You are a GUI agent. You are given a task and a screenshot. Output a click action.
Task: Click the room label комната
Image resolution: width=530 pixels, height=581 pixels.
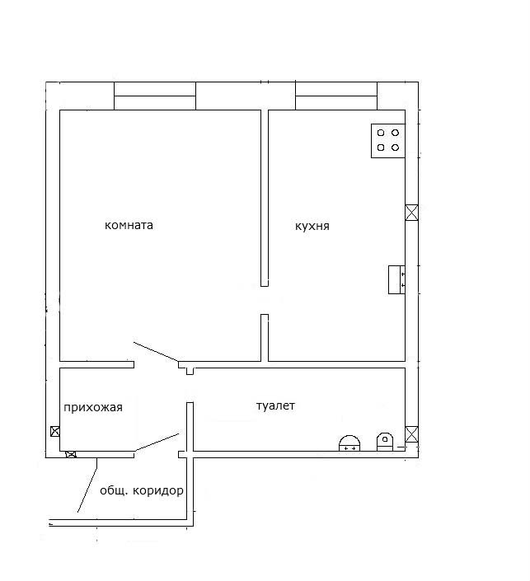click(x=129, y=225)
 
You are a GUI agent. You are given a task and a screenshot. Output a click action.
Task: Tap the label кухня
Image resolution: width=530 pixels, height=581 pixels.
click(x=312, y=226)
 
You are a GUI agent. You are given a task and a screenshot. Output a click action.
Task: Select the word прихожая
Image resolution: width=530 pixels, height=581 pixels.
click(x=93, y=408)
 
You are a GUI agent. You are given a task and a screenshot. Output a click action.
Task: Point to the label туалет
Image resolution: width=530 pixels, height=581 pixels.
click(x=275, y=405)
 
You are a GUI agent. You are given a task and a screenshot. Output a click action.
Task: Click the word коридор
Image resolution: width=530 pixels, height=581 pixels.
click(x=158, y=491)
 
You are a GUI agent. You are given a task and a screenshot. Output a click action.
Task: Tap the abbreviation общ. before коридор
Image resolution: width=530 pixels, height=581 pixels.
click(x=114, y=491)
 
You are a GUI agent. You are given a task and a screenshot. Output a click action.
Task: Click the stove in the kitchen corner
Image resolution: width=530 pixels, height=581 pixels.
click(x=387, y=141)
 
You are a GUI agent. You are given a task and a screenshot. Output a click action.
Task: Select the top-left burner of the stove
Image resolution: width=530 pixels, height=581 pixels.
click(x=381, y=133)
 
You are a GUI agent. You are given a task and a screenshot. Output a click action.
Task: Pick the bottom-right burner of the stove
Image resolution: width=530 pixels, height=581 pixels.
click(x=395, y=148)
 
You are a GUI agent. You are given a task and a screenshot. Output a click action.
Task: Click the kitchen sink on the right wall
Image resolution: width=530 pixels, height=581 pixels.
click(x=396, y=279)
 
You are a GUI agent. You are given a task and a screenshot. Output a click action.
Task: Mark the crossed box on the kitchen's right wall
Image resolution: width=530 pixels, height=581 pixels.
click(x=411, y=213)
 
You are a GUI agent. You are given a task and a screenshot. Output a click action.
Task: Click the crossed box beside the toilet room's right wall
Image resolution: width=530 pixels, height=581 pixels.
click(x=411, y=434)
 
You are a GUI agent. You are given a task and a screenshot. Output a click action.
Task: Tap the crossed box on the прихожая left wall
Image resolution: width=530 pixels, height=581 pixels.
click(x=55, y=431)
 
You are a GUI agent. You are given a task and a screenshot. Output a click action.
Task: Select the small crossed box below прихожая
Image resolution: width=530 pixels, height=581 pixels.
click(x=71, y=454)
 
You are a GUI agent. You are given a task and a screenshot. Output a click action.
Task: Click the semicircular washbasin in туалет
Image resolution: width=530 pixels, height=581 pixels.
click(x=349, y=443)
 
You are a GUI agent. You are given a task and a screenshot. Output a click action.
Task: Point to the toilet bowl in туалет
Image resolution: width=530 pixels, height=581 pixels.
click(x=385, y=442)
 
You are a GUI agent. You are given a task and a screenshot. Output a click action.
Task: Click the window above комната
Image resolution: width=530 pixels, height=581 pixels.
click(x=155, y=96)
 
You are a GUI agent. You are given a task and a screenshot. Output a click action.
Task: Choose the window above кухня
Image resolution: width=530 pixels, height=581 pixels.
click(x=336, y=96)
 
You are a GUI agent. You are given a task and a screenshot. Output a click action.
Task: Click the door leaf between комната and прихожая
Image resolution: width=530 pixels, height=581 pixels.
click(x=156, y=352)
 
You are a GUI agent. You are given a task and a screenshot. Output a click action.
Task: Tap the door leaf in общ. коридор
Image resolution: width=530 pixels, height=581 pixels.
click(x=87, y=485)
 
